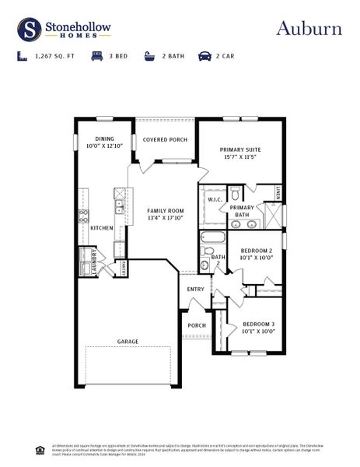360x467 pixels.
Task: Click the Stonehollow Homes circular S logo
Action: click(30, 29)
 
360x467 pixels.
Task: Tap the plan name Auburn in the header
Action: click(309, 29)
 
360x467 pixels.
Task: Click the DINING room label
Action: click(104, 139)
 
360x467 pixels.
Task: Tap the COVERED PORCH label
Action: click(165, 140)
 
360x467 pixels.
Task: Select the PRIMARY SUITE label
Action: click(240, 149)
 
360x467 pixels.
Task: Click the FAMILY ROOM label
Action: click(166, 211)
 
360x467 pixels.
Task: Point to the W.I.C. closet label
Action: click(215, 199)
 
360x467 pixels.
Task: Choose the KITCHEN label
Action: click(102, 228)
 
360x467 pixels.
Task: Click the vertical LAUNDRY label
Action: click(94, 262)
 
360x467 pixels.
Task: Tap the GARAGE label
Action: click(128, 341)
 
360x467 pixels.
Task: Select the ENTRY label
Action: click(196, 290)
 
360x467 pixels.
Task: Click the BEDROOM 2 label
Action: click(256, 250)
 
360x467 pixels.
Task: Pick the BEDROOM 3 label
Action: click(258, 323)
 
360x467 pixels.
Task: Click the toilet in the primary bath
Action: click(236, 193)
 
